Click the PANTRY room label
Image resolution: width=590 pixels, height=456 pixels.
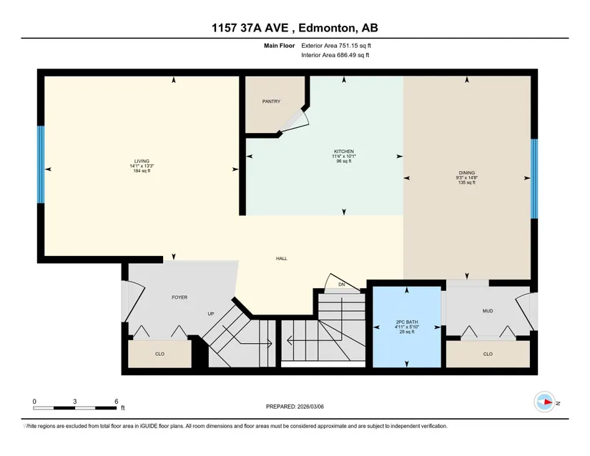point(271,101)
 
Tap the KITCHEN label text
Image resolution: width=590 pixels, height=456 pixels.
point(344,152)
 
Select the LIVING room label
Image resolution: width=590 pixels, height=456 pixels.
point(142,162)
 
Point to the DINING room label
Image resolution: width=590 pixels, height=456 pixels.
point(466,173)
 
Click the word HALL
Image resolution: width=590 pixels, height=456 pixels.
point(282,259)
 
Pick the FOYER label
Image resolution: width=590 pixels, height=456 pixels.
point(180,297)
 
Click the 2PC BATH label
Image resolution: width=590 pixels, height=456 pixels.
point(407,322)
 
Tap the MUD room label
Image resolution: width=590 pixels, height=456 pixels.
point(488,311)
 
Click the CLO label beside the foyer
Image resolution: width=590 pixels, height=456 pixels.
point(159,354)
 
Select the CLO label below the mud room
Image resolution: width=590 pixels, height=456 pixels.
point(488,354)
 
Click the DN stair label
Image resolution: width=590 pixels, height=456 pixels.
point(342,284)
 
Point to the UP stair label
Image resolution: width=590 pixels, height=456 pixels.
point(211,314)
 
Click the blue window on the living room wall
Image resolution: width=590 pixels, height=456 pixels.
point(41,164)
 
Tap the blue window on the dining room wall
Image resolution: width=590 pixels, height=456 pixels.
point(534,179)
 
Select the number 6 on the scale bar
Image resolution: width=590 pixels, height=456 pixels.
point(117,402)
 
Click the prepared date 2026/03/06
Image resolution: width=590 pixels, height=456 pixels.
point(310,407)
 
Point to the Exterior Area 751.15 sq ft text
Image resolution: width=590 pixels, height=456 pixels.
point(336,46)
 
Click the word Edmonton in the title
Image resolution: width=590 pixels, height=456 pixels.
point(327,28)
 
